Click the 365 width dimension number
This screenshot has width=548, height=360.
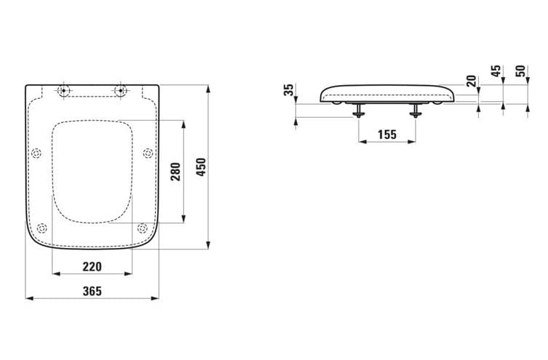(x=92, y=291)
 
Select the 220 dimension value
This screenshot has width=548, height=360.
(x=92, y=267)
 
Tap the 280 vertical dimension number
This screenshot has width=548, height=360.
(x=175, y=172)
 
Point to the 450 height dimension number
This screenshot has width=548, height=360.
(x=202, y=167)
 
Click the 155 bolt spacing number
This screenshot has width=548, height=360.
(x=387, y=135)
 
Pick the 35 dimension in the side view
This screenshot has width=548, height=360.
(x=289, y=90)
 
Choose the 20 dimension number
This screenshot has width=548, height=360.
(x=472, y=81)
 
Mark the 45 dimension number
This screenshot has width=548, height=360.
(x=496, y=71)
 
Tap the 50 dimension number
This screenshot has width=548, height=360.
(x=520, y=71)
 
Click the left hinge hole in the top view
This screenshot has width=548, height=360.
(x=63, y=90)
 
